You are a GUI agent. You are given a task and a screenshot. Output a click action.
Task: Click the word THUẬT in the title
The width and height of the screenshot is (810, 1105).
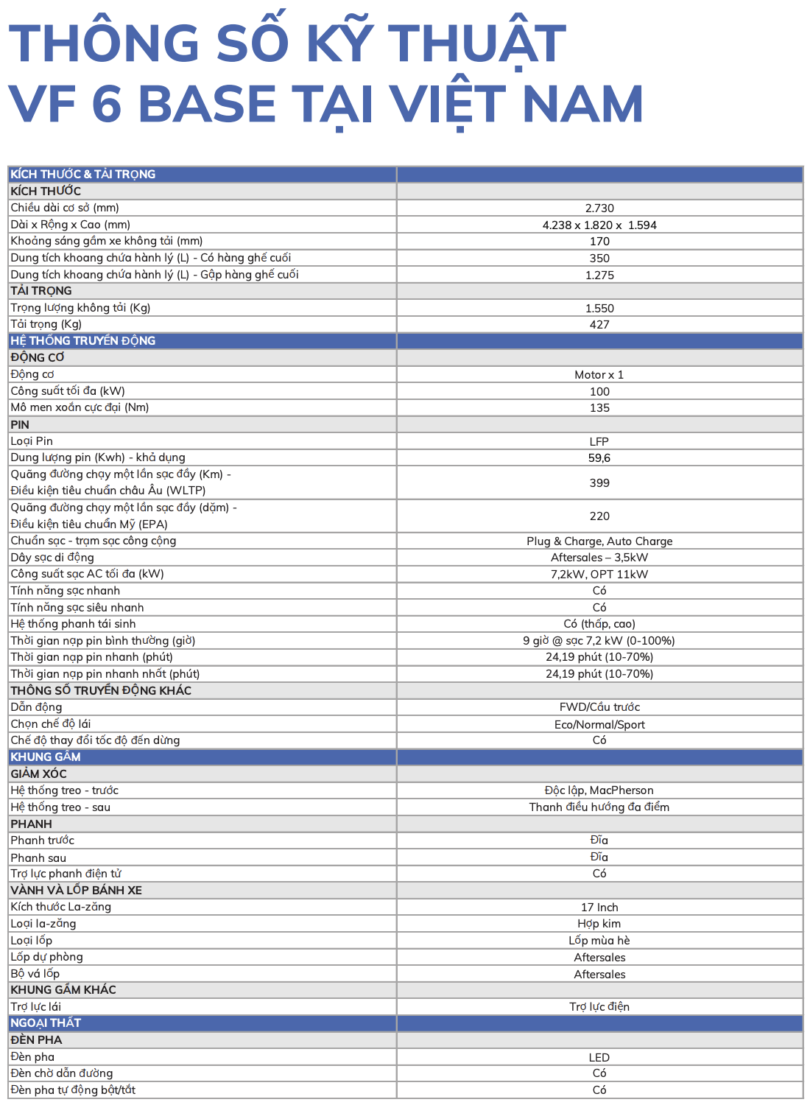(x=477, y=43)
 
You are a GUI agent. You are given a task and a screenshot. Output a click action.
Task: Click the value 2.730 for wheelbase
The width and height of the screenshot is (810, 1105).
(x=599, y=208)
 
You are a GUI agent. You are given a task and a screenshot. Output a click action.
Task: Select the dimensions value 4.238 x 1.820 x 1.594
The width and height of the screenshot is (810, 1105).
(x=599, y=225)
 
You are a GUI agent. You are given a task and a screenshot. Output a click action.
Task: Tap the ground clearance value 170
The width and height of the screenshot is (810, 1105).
(x=599, y=242)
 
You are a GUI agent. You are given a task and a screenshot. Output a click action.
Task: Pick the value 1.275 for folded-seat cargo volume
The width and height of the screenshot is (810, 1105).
(x=599, y=275)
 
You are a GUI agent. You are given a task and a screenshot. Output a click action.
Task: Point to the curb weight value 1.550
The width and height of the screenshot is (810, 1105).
(x=599, y=309)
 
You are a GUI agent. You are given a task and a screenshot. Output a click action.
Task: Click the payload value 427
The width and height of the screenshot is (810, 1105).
(x=599, y=325)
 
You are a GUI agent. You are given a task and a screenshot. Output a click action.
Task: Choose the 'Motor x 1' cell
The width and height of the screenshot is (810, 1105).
(x=599, y=375)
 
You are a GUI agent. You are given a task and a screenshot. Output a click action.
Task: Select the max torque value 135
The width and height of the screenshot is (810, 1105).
(x=599, y=408)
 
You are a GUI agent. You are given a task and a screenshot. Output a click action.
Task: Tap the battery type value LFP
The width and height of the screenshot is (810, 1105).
(x=599, y=442)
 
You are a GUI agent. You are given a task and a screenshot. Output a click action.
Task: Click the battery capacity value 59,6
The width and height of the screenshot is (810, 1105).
(x=599, y=458)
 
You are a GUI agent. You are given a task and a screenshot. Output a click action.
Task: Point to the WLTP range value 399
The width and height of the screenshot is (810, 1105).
(x=599, y=483)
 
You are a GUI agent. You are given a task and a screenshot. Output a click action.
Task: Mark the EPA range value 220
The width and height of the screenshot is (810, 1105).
(x=599, y=516)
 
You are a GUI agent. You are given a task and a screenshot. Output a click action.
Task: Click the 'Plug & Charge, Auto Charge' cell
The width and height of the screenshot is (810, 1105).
(x=599, y=541)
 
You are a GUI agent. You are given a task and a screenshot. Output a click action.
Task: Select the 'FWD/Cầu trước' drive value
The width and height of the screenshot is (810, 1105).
(x=599, y=707)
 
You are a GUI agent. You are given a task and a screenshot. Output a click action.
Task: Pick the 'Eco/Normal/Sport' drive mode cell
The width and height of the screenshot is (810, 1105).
(x=599, y=725)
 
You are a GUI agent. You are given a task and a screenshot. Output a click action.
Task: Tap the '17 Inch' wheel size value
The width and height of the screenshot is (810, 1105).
(x=599, y=908)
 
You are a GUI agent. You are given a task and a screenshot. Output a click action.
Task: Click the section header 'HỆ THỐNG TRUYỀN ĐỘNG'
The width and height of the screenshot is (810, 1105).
(x=82, y=341)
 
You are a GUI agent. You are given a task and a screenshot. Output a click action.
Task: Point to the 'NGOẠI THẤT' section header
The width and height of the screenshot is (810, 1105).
(x=46, y=1023)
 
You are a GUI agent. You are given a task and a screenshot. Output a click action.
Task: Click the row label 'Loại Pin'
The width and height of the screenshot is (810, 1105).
(x=32, y=441)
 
